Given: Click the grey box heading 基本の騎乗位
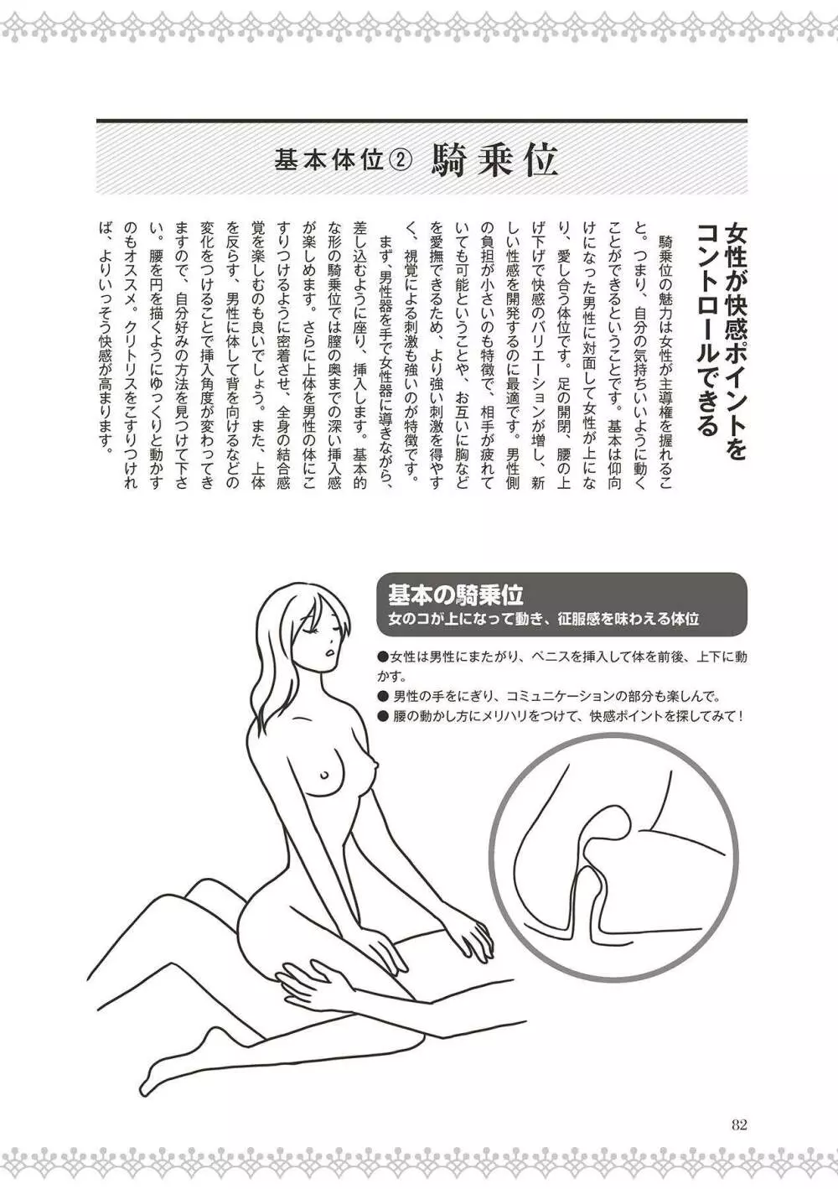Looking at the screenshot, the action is coord(456,594).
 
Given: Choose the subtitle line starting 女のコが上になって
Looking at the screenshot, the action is coord(543,619).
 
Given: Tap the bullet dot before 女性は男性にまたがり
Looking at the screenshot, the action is coord(383,657).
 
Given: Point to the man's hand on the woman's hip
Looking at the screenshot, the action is coord(305,979).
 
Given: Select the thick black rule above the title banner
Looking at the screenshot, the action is coord(422,121).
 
